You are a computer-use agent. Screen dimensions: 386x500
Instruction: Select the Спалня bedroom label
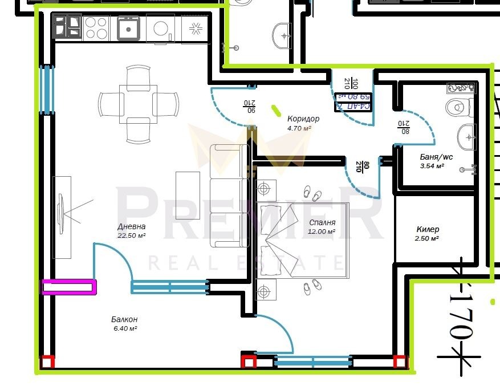coord(322,222)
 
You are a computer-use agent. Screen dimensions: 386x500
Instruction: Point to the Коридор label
coord(303,119)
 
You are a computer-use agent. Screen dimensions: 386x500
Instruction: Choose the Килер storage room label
coord(428,229)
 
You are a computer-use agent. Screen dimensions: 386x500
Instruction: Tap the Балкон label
coord(124,319)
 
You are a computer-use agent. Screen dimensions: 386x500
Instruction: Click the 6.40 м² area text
coord(124,328)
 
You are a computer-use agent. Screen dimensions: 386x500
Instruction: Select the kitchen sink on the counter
coord(129,27)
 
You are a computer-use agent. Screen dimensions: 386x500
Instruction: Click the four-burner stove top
coord(96,27)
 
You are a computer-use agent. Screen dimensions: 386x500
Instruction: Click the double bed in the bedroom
coord(302,241)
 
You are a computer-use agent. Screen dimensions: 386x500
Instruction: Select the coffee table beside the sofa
coord(188,196)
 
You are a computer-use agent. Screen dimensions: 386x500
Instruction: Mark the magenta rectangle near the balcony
coord(69,287)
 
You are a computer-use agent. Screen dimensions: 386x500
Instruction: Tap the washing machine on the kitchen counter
coord(161,28)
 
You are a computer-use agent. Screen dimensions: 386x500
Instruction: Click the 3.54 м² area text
coord(432,166)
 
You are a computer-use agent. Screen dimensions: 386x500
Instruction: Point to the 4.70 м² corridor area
coord(299,128)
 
